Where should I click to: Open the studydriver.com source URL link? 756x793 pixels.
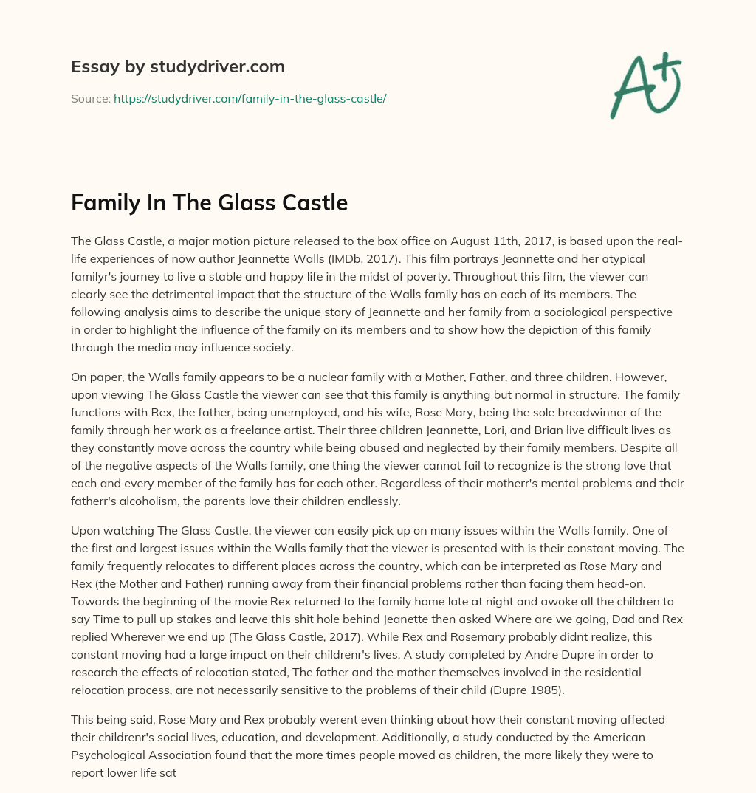[x=250, y=98]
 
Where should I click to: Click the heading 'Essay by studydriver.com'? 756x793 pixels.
[x=177, y=66]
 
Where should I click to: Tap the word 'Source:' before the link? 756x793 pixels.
[x=90, y=98]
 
